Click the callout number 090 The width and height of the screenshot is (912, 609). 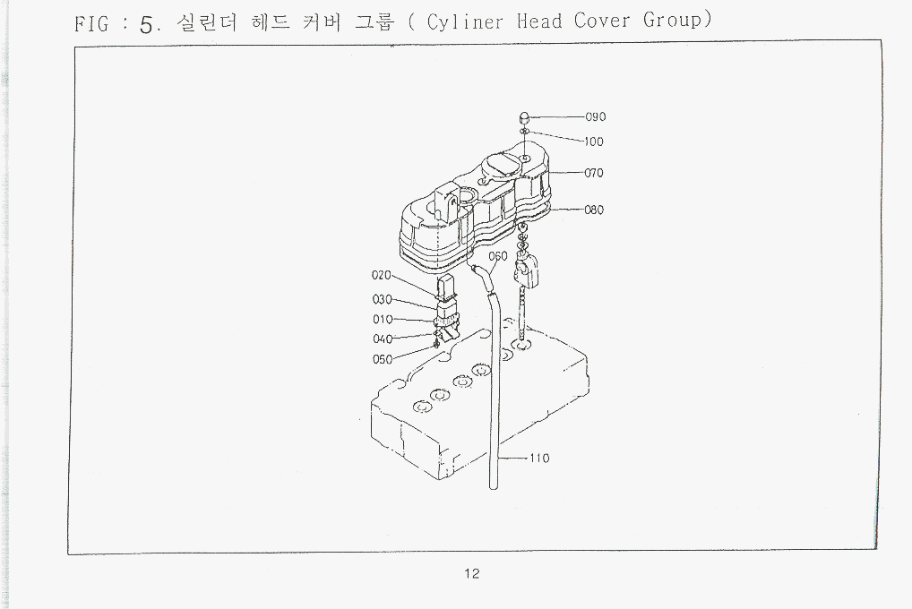tap(596, 117)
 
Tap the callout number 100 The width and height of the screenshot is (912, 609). tap(594, 142)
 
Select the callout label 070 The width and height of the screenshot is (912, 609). tap(594, 173)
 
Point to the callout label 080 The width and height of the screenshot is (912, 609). tap(594, 210)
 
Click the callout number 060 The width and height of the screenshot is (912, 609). tap(498, 256)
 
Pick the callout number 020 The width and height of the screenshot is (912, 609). tap(382, 275)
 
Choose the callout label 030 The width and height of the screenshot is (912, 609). tap(383, 299)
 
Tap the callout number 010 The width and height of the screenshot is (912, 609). tap(383, 320)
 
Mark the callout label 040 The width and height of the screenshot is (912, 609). tap(383, 339)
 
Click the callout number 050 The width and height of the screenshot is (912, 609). tap(383, 359)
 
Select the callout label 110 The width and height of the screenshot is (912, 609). tap(539, 459)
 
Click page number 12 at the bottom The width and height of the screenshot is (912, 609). tap(472, 573)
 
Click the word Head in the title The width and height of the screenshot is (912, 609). tap(539, 21)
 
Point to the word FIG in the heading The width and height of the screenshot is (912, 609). tap(91, 24)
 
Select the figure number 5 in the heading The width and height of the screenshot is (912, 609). tap(146, 24)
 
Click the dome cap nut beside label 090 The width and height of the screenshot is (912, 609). tap(524, 116)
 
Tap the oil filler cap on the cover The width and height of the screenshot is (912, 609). tap(500, 164)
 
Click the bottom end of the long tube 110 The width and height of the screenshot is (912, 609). tap(494, 487)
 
